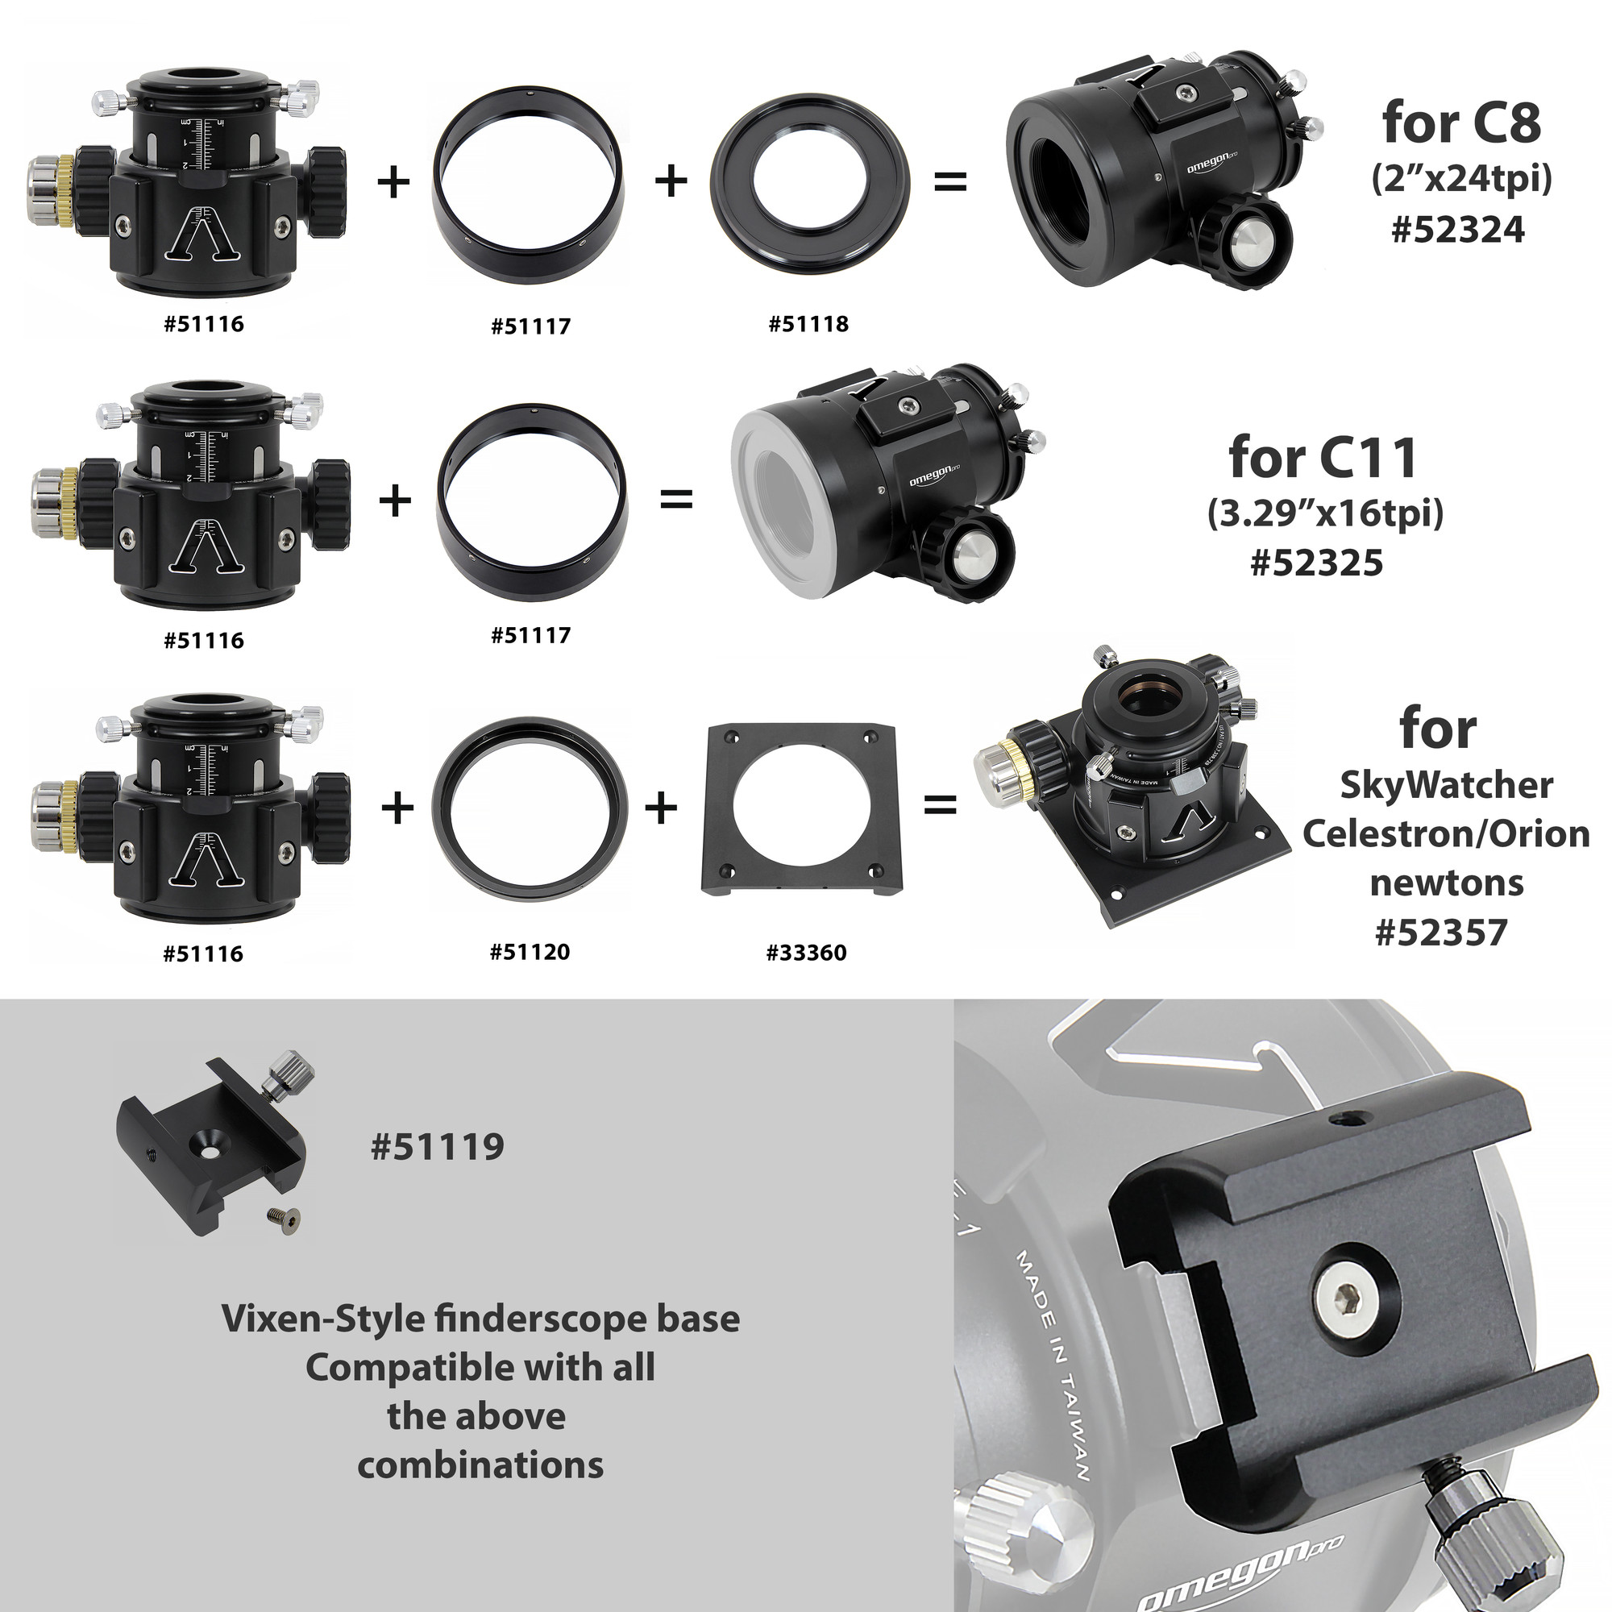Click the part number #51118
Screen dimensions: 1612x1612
(x=808, y=324)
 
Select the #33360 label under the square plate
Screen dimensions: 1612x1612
(x=806, y=952)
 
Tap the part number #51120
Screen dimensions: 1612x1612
(x=530, y=951)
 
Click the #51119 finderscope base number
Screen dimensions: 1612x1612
(x=437, y=1146)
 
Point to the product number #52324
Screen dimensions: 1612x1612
(x=1457, y=230)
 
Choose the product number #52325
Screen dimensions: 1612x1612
(x=1317, y=563)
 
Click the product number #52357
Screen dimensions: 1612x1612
(x=1441, y=932)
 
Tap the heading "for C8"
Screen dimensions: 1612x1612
(x=1461, y=123)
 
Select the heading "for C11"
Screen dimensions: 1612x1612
(x=1323, y=457)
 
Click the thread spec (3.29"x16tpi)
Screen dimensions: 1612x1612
(x=1325, y=513)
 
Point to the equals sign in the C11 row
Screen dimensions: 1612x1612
(x=676, y=501)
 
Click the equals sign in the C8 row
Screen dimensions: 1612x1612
(x=949, y=181)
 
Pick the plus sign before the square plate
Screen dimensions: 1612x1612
(x=661, y=808)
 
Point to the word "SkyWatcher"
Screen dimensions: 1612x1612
(x=1446, y=786)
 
